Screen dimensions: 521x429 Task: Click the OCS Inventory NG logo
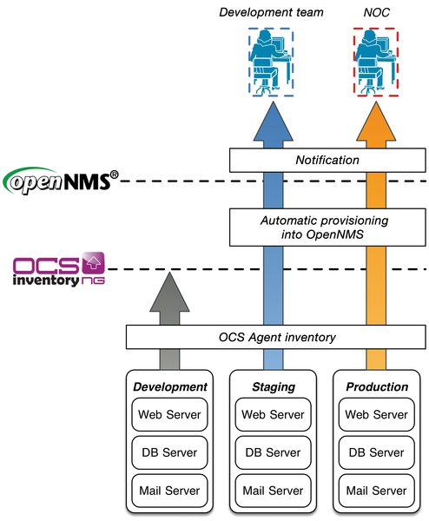click(59, 270)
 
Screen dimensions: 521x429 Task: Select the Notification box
click(327, 160)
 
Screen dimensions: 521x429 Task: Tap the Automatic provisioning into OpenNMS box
click(327, 227)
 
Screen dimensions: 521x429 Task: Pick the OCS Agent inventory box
click(277, 337)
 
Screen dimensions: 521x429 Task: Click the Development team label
click(270, 12)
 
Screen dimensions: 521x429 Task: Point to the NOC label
click(376, 12)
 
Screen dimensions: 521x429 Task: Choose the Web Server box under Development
click(171, 414)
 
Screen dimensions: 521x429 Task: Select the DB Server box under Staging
click(274, 452)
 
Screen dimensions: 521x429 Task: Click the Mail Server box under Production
click(376, 491)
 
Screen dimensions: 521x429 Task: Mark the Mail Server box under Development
click(171, 491)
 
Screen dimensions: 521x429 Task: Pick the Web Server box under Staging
click(274, 414)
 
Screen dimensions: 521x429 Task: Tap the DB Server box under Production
click(376, 452)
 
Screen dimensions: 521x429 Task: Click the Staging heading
click(274, 387)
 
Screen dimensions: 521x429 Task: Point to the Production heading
click(376, 387)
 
